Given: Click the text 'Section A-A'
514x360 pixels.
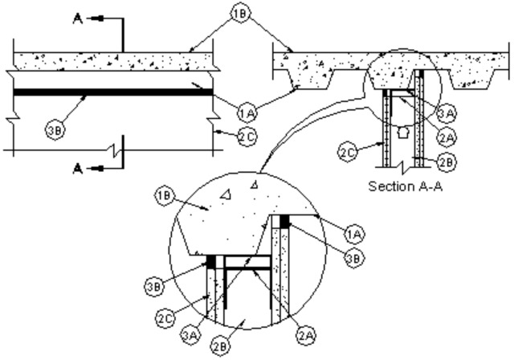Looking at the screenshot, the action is (406, 186).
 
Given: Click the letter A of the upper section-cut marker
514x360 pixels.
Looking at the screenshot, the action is (77, 18).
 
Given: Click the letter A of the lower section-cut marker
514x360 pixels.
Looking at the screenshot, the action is (77, 169).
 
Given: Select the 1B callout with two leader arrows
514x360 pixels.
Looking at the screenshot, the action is (241, 14).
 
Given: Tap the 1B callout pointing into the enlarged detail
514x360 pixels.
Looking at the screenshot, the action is (164, 196).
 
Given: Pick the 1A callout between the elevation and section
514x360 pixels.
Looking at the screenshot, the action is (247, 112).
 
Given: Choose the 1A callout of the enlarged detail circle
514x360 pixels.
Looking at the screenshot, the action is (354, 234).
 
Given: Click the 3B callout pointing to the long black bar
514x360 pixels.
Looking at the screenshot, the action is (55, 130).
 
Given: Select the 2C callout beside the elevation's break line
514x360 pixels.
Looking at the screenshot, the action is (247, 136).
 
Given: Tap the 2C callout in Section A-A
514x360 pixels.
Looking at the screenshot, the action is (348, 153).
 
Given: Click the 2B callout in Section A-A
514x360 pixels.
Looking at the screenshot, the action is (447, 162).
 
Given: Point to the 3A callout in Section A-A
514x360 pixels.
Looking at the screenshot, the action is (447, 113).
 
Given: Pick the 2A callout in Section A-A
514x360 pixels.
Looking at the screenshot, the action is (447, 137).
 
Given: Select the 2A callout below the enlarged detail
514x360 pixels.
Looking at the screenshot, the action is (307, 335).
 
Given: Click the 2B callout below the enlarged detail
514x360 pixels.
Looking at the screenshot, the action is (220, 346).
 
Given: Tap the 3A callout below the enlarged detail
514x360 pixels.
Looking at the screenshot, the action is (190, 335).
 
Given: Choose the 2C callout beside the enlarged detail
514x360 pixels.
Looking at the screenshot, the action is (165, 318).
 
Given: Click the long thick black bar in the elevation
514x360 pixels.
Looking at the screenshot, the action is (113, 92).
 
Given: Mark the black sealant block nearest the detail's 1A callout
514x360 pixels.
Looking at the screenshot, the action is (284, 221).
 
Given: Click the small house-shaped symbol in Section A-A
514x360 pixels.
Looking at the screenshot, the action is (402, 133).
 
